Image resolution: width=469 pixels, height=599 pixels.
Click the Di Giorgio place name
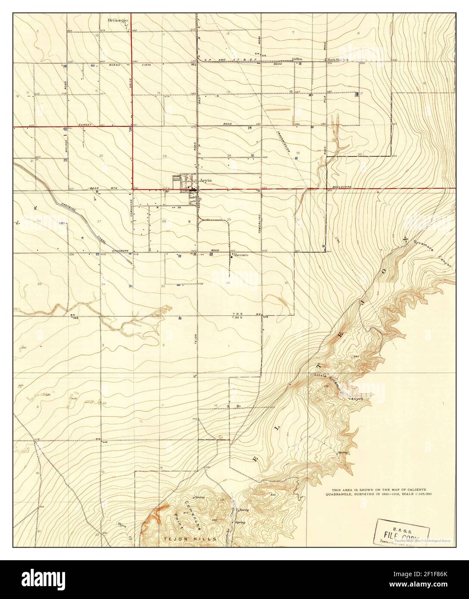click(117, 20)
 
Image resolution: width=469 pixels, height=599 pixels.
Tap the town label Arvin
click(204, 181)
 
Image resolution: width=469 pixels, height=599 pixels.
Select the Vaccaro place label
click(241, 255)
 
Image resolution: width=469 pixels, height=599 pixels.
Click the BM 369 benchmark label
click(74, 317)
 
